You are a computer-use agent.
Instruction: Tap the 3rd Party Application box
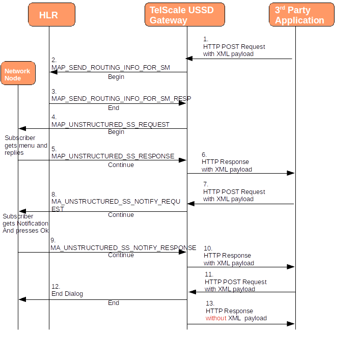[301, 15]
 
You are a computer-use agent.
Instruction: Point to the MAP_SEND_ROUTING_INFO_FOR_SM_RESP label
[121, 98]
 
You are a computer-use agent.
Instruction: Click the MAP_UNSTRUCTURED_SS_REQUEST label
[110, 124]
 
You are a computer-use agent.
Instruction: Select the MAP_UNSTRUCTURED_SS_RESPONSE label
[113, 156]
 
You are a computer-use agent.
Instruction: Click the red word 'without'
[216, 318]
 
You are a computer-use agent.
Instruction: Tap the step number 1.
[206, 39]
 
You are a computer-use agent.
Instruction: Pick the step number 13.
[210, 303]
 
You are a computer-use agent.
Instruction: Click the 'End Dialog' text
[67, 294]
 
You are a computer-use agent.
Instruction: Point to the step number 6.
[204, 154]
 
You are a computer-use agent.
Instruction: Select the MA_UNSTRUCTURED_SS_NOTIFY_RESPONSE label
[123, 247]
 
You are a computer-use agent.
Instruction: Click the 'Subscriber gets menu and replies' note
[25, 145]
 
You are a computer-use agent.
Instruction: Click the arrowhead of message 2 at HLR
[53, 72]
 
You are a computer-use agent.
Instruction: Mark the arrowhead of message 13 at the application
[291, 324]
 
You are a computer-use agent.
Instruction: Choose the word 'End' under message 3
[114, 108]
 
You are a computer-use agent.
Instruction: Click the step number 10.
[208, 248]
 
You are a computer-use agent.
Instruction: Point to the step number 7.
[206, 184]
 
